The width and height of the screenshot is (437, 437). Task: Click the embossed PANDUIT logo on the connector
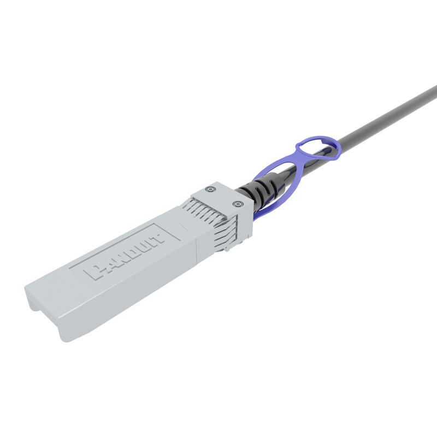point(127,255)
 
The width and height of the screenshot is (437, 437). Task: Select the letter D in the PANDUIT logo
point(127,255)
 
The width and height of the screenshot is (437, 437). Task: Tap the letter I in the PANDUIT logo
point(147,244)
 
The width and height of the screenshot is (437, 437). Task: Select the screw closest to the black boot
point(237,204)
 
